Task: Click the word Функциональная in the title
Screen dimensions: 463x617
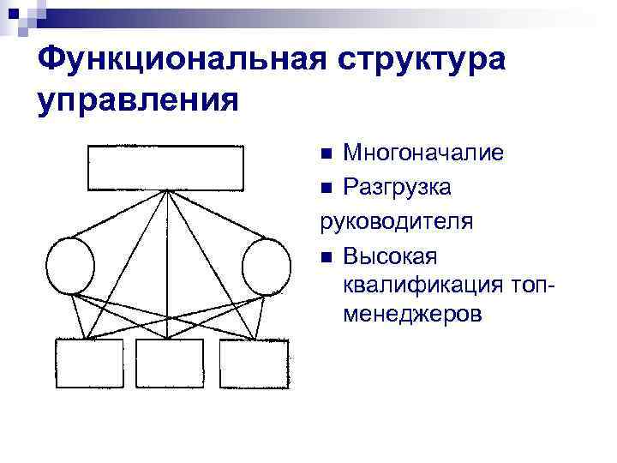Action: [172, 61]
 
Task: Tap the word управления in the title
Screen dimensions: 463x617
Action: [138, 100]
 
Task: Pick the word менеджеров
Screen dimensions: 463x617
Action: [412, 315]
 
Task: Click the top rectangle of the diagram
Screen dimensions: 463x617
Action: [165, 167]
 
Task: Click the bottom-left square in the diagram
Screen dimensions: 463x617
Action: [89, 364]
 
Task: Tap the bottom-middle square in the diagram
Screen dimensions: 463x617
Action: [171, 364]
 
